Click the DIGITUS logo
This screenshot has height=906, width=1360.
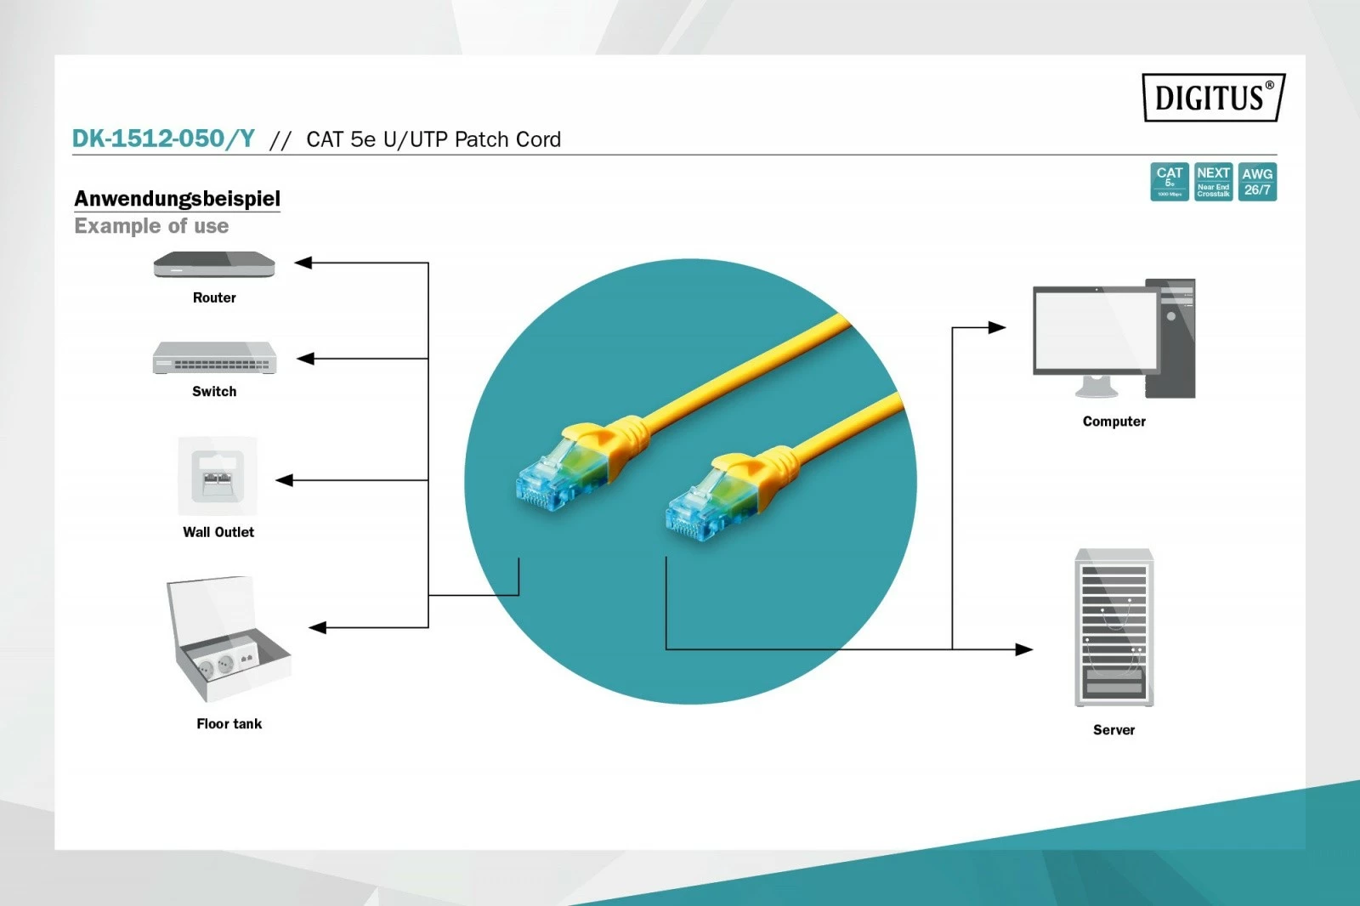[x=1213, y=98]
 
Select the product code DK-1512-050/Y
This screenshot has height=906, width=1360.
[x=163, y=139]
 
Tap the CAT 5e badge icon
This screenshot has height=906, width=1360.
[x=1169, y=182]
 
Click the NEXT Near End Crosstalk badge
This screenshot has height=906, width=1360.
[x=1213, y=182]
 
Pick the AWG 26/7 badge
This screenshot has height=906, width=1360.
[x=1257, y=182]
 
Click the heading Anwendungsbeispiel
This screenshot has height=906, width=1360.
[x=177, y=198]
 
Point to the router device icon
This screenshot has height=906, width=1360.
[x=214, y=265]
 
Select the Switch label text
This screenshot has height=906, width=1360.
[x=214, y=391]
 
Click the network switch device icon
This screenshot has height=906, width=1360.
[x=214, y=359]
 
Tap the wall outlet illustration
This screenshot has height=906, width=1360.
[x=218, y=476]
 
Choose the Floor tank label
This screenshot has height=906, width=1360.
[x=229, y=723]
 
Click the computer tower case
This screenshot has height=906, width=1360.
[x=1170, y=338]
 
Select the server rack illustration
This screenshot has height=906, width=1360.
[x=1113, y=627]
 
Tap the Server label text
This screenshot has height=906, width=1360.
[x=1113, y=729]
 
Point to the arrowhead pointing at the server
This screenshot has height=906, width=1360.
[x=1024, y=649]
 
